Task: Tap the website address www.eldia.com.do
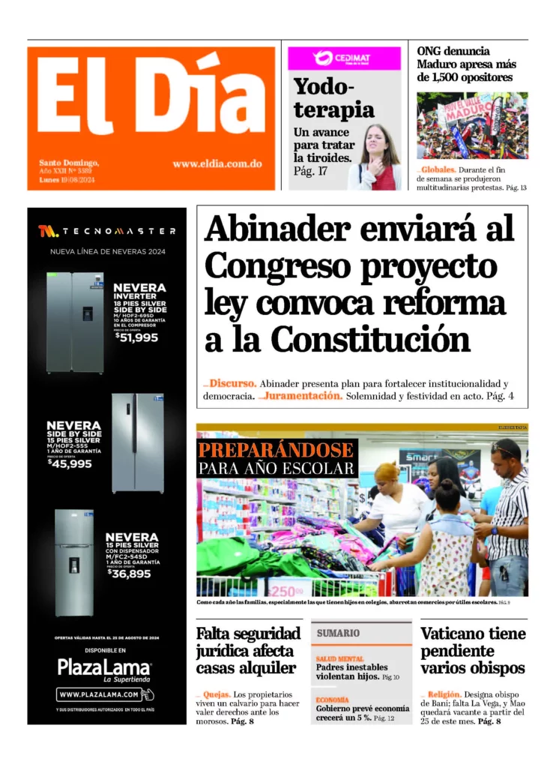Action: (217, 163)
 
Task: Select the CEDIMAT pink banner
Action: (345, 58)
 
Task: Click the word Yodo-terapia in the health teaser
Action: (333, 98)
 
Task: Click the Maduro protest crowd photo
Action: (472, 125)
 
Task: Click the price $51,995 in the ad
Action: (137, 337)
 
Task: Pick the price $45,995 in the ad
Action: (70, 463)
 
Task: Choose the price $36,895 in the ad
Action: (129, 574)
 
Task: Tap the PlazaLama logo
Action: (104, 667)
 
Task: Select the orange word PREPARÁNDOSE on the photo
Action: (277, 451)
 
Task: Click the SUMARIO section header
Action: (338, 634)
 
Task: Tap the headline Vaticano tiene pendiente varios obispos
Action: (473, 650)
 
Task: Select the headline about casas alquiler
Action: (248, 650)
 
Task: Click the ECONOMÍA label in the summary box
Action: (332, 700)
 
